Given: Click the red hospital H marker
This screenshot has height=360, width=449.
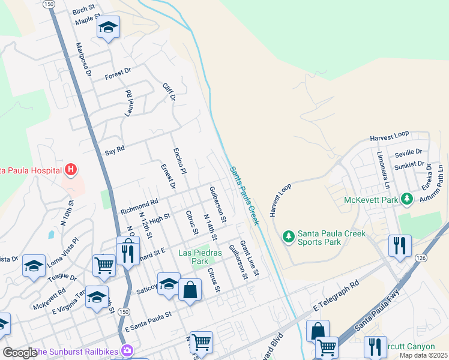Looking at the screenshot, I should [71, 170].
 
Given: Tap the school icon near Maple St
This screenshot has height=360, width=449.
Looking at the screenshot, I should [108, 28].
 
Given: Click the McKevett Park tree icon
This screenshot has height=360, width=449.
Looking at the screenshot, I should [407, 199].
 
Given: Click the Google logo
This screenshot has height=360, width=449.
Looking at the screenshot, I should [19, 353].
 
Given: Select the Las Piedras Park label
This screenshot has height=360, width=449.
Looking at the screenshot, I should [200, 257].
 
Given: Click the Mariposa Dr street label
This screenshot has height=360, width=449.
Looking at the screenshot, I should [83, 59].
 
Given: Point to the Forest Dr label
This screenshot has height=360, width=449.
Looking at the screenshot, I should [118, 74].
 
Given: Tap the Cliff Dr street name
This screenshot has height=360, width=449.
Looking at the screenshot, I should [169, 92].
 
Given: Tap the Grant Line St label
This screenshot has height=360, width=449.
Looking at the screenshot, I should [249, 259].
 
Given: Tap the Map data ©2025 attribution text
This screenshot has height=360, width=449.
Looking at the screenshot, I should [423, 355].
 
